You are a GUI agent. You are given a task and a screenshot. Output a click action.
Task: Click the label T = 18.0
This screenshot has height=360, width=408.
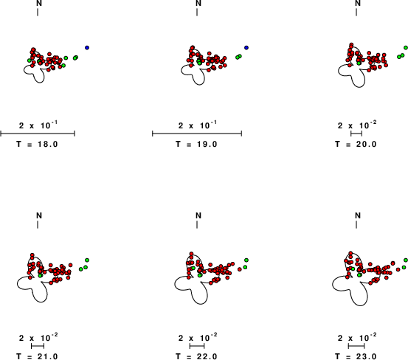pyautogui.click(x=37, y=144)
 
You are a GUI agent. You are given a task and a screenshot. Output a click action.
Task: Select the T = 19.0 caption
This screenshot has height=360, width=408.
pyautogui.click(x=196, y=144)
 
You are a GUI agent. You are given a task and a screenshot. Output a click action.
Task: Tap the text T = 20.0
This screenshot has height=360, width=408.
pyautogui.click(x=356, y=144)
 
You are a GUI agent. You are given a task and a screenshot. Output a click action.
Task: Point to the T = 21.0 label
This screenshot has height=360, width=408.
pyautogui.click(x=37, y=356)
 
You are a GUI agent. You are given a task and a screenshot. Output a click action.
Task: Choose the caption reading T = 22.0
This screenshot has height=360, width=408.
pyautogui.click(x=196, y=356)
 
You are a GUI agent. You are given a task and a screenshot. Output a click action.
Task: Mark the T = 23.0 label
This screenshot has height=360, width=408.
pyautogui.click(x=356, y=356)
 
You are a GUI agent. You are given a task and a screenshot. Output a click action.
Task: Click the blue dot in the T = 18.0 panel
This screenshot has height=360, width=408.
pyautogui.click(x=87, y=48)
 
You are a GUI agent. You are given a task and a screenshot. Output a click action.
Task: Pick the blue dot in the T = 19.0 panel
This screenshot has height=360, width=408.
pyautogui.click(x=246, y=48)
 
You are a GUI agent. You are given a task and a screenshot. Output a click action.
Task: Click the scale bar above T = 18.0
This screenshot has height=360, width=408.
pyautogui.click(x=38, y=134)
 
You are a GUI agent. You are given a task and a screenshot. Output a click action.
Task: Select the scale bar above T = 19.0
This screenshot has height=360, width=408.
pyautogui.click(x=197, y=134)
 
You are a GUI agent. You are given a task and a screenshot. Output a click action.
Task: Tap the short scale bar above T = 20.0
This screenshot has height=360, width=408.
pyautogui.click(x=356, y=134)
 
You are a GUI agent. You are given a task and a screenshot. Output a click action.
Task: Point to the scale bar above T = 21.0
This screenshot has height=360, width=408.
pyautogui.click(x=38, y=346)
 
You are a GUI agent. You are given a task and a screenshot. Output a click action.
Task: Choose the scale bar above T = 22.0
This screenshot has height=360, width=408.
pyautogui.click(x=197, y=346)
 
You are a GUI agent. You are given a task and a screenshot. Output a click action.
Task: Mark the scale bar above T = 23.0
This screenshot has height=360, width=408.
pyautogui.click(x=356, y=346)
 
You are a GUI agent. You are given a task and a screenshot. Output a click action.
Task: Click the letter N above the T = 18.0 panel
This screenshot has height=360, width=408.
pyautogui.click(x=39, y=3)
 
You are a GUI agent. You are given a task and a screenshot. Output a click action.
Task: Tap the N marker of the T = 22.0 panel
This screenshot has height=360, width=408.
pyautogui.click(x=198, y=215)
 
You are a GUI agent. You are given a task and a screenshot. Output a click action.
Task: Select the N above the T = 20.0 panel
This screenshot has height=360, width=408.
pyautogui.click(x=358, y=3)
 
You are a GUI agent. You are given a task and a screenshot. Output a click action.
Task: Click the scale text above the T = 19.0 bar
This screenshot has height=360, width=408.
pyautogui.click(x=198, y=125)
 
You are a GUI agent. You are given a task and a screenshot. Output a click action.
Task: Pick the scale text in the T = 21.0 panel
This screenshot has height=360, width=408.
pyautogui.click(x=38, y=337)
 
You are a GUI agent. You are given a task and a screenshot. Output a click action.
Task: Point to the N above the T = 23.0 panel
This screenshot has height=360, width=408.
pyautogui.click(x=358, y=215)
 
